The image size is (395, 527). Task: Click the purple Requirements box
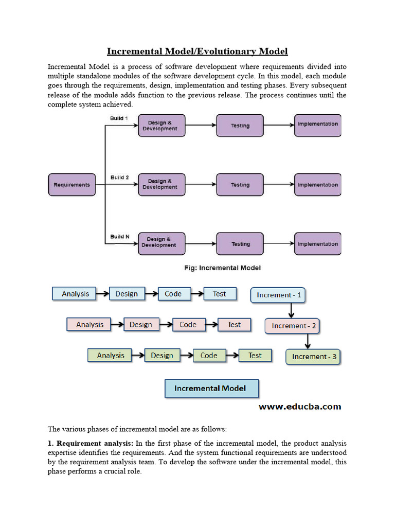(x=72, y=185)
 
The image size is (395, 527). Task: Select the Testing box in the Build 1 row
(x=240, y=126)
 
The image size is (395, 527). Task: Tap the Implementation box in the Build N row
(x=317, y=244)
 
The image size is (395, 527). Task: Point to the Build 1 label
(x=119, y=118)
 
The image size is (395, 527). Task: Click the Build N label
(x=119, y=237)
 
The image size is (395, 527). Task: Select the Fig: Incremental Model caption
(x=222, y=268)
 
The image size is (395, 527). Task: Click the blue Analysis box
(x=75, y=294)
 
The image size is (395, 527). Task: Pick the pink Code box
(x=188, y=325)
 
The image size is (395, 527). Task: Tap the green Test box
(x=255, y=355)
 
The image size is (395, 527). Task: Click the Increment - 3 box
(x=314, y=356)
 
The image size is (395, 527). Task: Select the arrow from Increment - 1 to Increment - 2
(x=291, y=310)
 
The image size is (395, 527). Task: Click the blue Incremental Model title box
(x=211, y=389)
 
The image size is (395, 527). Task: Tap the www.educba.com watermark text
(x=299, y=407)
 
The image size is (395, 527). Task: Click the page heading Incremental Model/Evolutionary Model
(x=197, y=51)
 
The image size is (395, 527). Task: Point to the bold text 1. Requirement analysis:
(x=91, y=443)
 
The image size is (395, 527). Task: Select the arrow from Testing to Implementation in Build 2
(x=278, y=185)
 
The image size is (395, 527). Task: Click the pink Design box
(x=141, y=325)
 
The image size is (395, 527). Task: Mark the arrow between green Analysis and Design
(x=138, y=355)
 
